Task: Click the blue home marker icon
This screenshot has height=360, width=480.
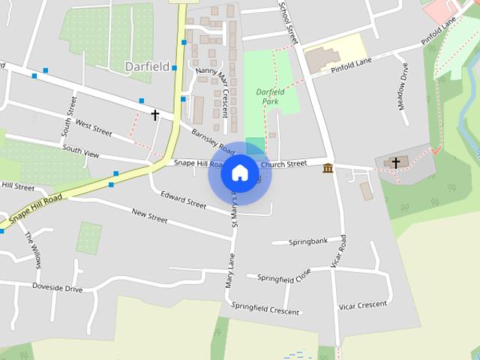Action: click(239, 173)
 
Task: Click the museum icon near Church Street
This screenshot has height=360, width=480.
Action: click(328, 167)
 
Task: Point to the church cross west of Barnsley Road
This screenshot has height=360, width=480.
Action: click(155, 115)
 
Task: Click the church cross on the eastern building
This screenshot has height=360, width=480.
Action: click(395, 161)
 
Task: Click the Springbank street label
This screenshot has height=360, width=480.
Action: click(309, 241)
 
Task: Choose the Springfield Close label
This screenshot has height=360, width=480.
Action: click(284, 277)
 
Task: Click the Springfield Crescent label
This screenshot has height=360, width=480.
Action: click(265, 308)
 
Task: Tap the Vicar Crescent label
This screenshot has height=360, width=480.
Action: click(363, 304)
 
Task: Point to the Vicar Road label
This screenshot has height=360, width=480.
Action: click(340, 252)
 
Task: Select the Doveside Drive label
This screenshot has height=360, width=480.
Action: click(57, 287)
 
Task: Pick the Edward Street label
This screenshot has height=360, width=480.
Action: click(183, 199)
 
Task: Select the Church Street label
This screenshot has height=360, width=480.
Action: click(283, 163)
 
